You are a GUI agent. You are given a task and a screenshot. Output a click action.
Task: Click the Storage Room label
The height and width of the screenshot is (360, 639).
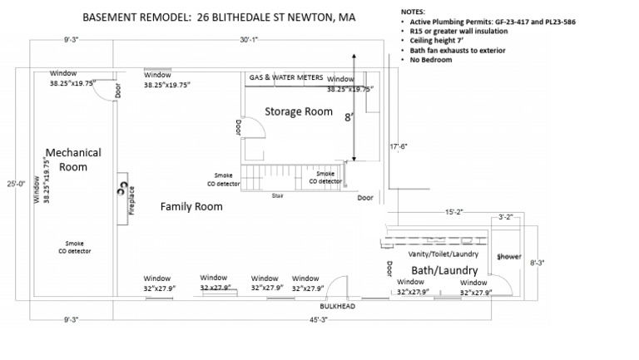coord(298,111)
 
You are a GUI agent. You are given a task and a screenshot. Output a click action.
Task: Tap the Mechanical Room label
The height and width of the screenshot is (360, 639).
coord(73,160)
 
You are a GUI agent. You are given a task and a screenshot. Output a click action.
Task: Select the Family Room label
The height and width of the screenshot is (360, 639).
coord(191,206)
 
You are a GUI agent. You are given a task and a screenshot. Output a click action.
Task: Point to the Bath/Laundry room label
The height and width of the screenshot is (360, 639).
coord(444,271)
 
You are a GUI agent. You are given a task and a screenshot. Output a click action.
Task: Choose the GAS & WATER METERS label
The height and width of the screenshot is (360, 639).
coord(286,77)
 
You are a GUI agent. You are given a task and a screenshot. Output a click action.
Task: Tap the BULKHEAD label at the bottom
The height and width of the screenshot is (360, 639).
coord(339,306)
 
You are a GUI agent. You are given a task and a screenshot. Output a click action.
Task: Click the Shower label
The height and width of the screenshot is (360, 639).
coord(508,257)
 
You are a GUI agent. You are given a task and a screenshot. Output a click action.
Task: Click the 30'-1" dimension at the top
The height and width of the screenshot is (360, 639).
coord(250,39)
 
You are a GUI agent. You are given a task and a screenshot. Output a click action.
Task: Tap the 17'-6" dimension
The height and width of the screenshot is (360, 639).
coord(400,147)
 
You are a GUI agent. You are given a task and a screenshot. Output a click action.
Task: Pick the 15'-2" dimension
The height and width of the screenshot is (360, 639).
coord(453,212)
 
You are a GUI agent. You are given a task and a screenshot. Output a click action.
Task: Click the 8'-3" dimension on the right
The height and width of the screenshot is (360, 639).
coord(537,262)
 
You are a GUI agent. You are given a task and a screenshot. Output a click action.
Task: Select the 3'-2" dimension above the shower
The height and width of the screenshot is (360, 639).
coord(504,217)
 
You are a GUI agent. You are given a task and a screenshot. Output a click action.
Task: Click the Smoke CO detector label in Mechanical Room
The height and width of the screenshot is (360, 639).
coord(74,245)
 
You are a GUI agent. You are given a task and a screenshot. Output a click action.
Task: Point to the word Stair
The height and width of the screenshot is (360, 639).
coord(277,196)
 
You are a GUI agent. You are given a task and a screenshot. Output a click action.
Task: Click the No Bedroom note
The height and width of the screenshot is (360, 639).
coord(431,60)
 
